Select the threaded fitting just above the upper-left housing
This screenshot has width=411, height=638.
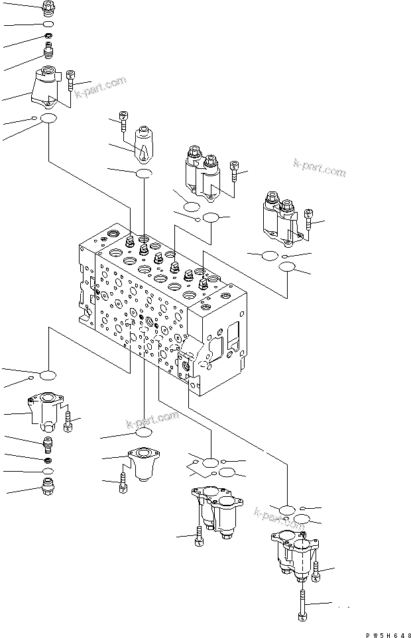coord(48,50)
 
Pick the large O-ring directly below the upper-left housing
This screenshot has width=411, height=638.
coord(48,119)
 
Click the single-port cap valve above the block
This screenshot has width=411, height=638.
coord(144,144)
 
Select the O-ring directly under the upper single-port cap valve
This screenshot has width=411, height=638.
coord(144,174)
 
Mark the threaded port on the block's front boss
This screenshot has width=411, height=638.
coord(185,362)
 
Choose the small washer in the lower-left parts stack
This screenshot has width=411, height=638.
coord(48,460)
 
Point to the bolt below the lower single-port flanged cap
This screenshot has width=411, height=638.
coord(123,484)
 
